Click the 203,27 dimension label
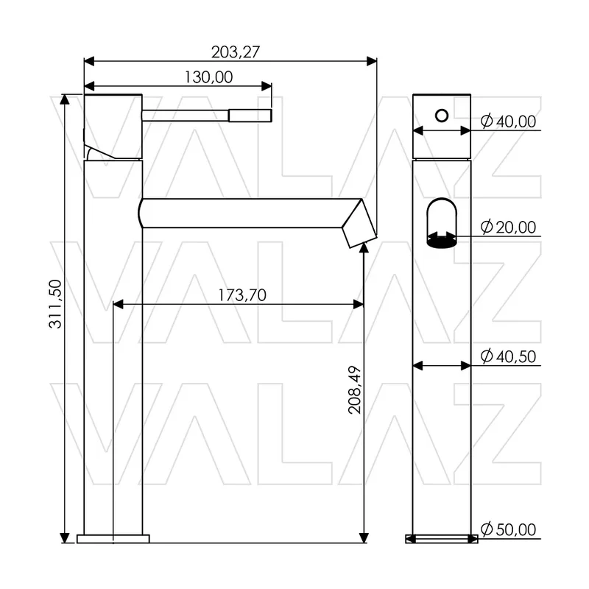click(235, 52)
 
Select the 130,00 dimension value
click(208, 77)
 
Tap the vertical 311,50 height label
click(56, 304)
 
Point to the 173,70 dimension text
click(242, 295)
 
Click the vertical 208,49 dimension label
click(355, 390)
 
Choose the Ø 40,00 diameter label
click(508, 121)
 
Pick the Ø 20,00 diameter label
click(508, 228)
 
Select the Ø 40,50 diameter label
click(508, 356)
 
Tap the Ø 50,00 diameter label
click(508, 529)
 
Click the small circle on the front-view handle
click(442, 116)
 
